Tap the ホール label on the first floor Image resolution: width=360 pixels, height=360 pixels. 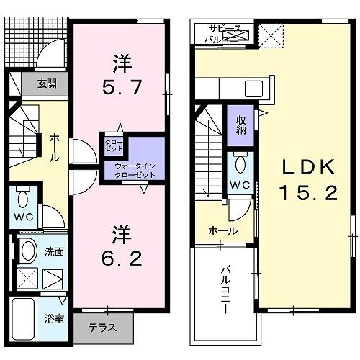(54, 147)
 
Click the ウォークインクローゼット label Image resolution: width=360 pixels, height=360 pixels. (135, 169)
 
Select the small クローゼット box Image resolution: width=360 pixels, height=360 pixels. (113, 144)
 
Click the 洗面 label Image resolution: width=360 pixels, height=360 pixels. (55, 253)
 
